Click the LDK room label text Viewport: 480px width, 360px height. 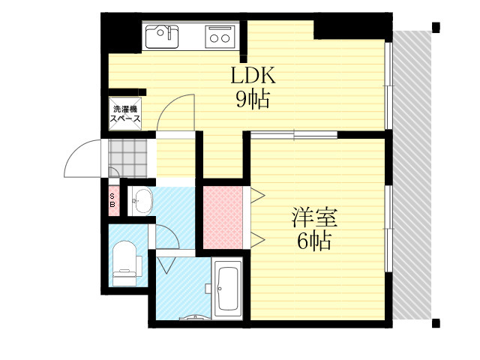pyautogui.click(x=253, y=75)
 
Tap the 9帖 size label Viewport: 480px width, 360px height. pyautogui.click(x=253, y=99)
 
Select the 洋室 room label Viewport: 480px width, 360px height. pyautogui.click(x=314, y=217)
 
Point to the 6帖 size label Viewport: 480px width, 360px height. pyautogui.click(x=314, y=241)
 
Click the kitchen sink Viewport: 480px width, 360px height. pyautogui.click(x=162, y=37)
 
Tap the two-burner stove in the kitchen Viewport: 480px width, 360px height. pyautogui.click(x=220, y=37)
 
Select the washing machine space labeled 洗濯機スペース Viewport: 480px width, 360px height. pyautogui.click(x=125, y=114)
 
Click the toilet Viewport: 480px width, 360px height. pyautogui.click(x=126, y=263)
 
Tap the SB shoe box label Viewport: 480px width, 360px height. pyautogui.click(x=112, y=200)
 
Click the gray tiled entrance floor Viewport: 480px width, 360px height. pyautogui.click(x=128, y=158)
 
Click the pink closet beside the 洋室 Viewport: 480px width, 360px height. pyautogui.click(x=223, y=217)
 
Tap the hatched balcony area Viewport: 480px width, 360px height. pyautogui.click(x=412, y=175)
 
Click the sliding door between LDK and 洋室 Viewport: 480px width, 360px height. pyautogui.click(x=294, y=135)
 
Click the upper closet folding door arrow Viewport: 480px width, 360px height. pyautogui.click(x=258, y=195)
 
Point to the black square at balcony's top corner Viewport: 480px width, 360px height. pyautogui.click(x=436, y=27)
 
